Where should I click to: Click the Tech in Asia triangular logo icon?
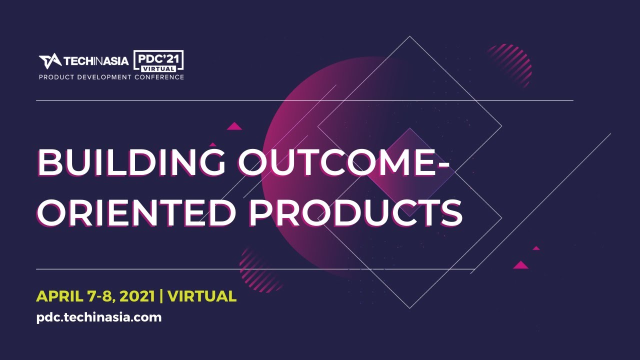pyautogui.click(x=49, y=61)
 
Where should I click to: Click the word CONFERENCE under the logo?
pyautogui.click(x=159, y=77)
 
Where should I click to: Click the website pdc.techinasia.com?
pyautogui.click(x=99, y=317)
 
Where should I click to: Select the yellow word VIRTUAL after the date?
pyautogui.click(x=202, y=296)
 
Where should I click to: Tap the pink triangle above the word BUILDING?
pyautogui.click(x=234, y=126)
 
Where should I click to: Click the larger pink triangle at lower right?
pyautogui.click(x=520, y=265)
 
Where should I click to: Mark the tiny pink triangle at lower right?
pyautogui.click(x=536, y=248)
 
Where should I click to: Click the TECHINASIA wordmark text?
pyautogui.click(x=95, y=61)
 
